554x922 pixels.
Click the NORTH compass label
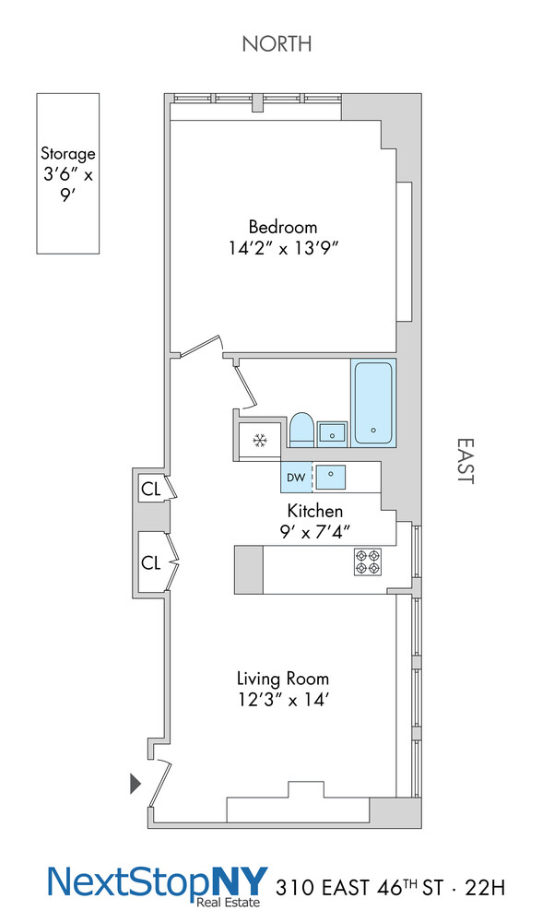(x=277, y=44)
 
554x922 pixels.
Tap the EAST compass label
(x=466, y=460)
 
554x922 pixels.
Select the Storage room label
(x=67, y=154)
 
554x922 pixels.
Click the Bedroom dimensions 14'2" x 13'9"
(x=284, y=248)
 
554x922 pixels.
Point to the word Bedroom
(x=283, y=227)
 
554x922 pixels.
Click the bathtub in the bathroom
(x=372, y=404)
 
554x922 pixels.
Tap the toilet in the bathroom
(x=301, y=430)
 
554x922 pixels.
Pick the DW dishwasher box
(x=296, y=478)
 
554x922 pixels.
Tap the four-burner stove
(x=368, y=561)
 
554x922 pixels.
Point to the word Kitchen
(x=314, y=511)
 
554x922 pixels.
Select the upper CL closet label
(x=150, y=490)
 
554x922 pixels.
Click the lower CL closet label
(x=150, y=562)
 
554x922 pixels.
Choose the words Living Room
(x=283, y=679)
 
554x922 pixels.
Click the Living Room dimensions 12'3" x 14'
(x=283, y=700)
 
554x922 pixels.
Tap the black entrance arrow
(x=136, y=783)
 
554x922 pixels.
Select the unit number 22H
(x=485, y=888)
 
